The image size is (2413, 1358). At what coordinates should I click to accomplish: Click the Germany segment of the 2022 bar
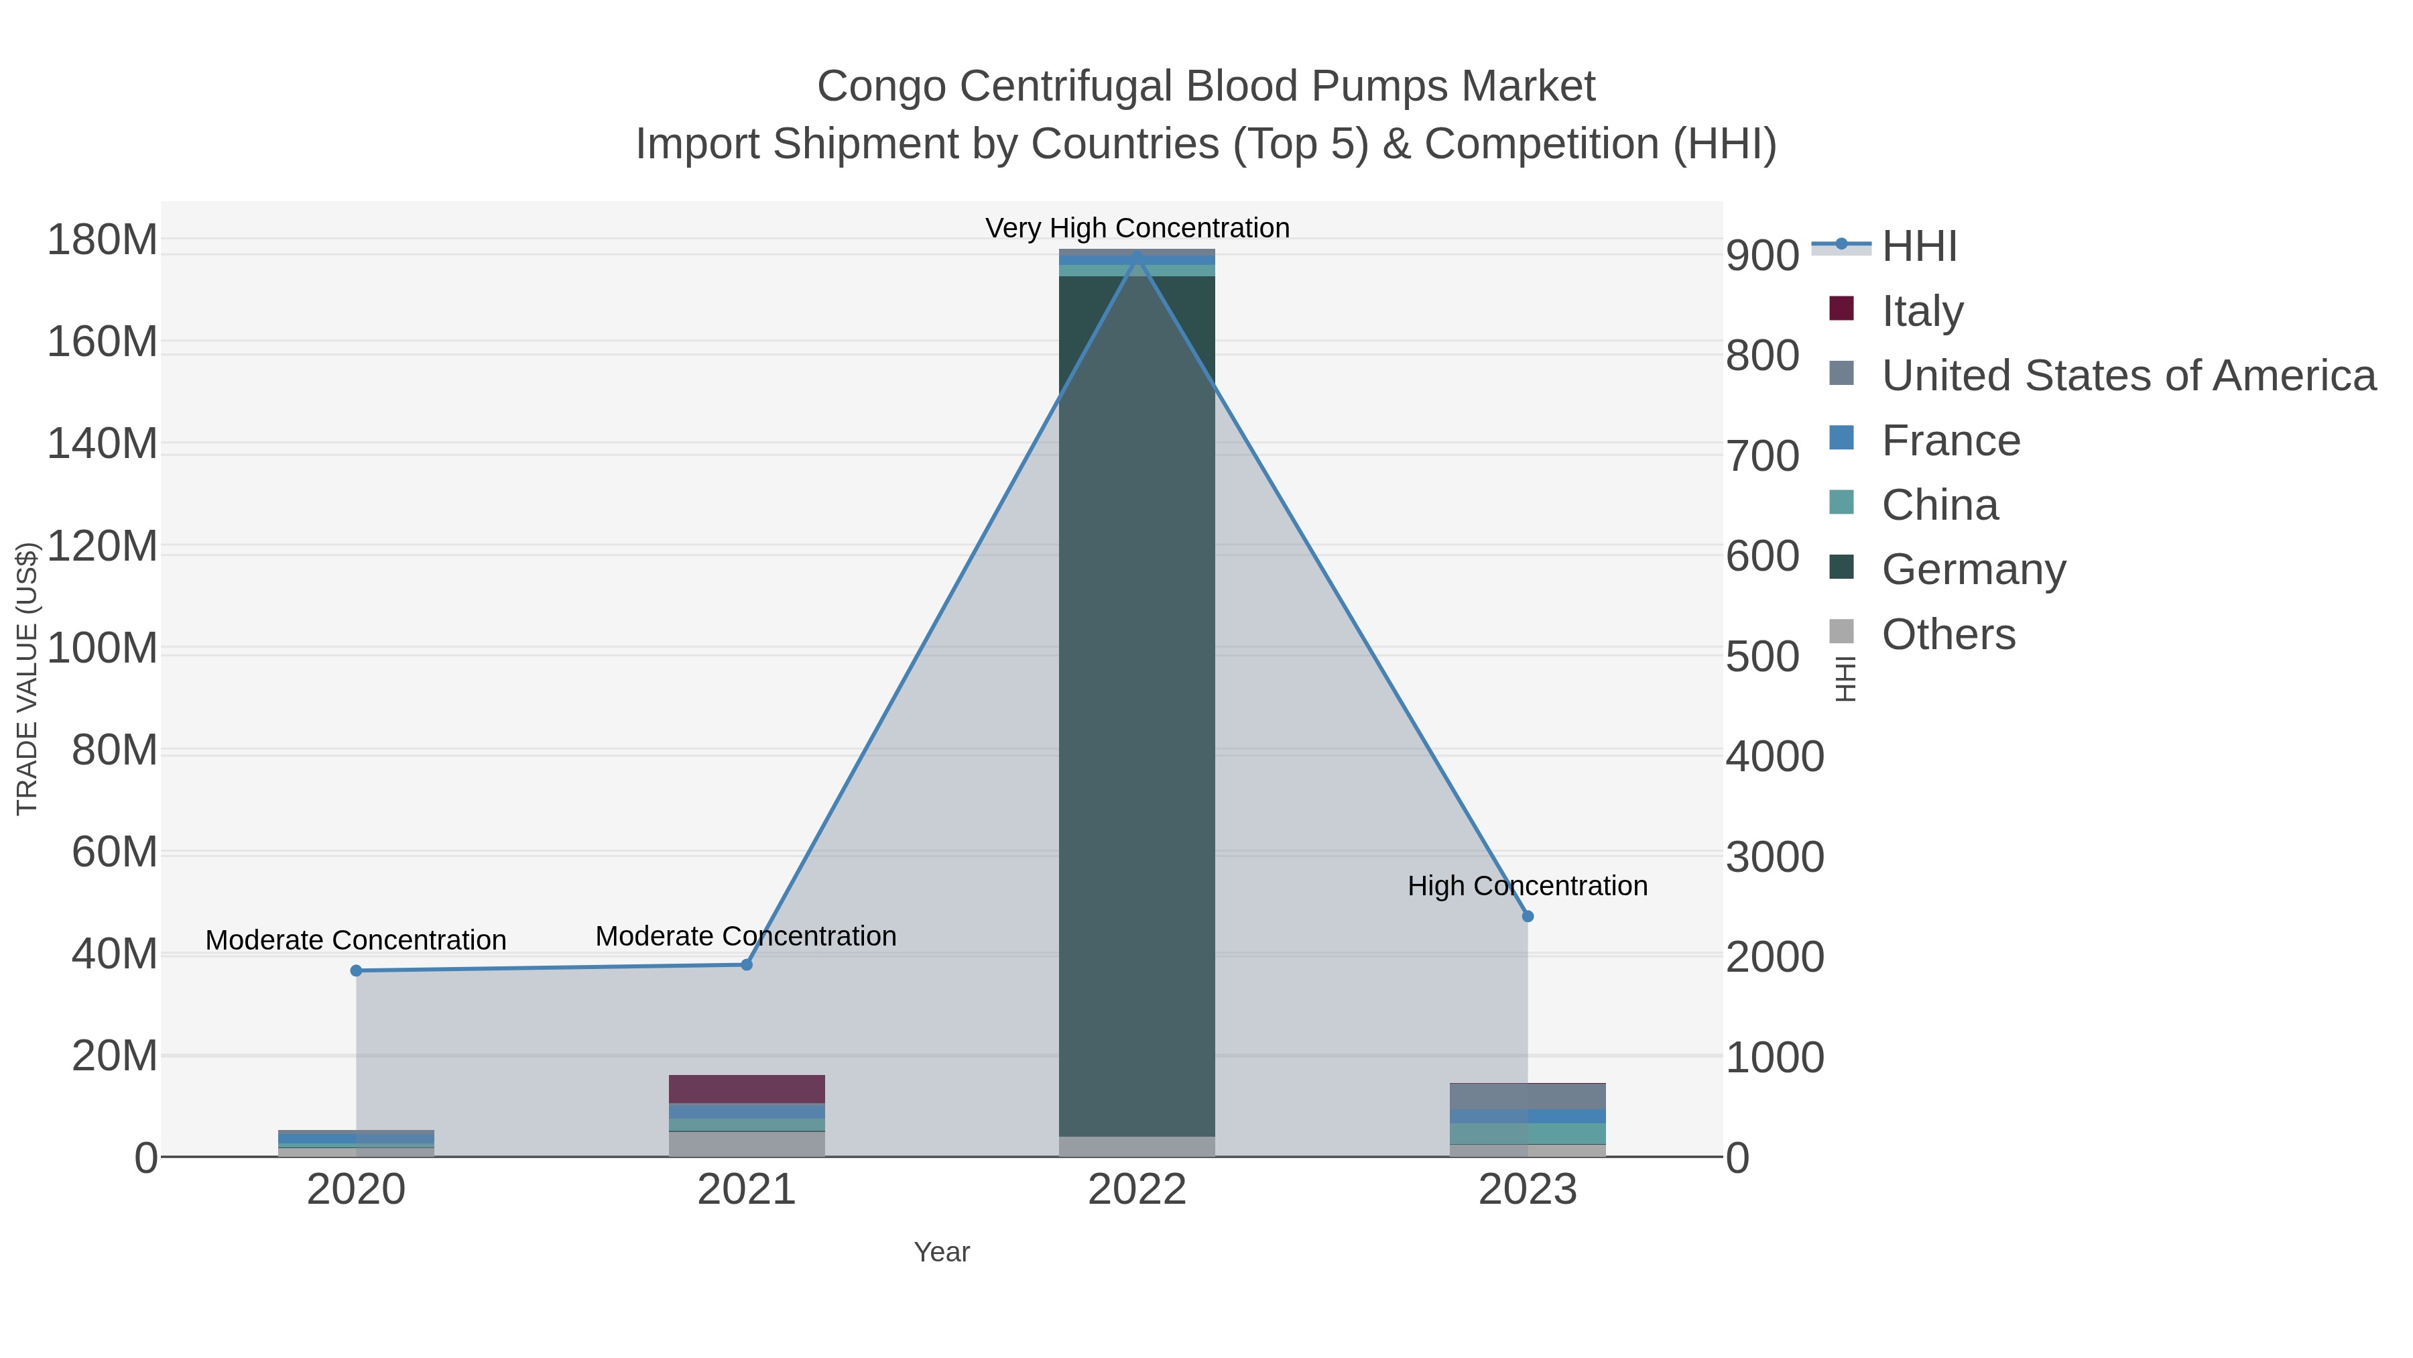[x=1136, y=703]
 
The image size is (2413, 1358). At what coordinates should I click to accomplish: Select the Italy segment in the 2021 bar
[x=747, y=1089]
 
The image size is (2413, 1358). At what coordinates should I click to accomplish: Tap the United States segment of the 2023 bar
[x=1527, y=1096]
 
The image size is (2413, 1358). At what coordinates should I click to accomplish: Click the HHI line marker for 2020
[x=356, y=971]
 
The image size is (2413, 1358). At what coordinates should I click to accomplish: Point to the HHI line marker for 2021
[x=747, y=964]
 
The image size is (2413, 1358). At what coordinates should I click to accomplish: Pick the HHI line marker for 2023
[x=1528, y=915]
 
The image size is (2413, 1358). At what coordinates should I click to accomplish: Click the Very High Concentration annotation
[x=1137, y=229]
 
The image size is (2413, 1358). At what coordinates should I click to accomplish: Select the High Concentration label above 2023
[x=1527, y=886]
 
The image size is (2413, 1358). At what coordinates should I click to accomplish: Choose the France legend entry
[x=1951, y=441]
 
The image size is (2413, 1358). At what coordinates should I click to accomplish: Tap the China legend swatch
[x=1841, y=502]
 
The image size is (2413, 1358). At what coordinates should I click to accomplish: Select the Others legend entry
[x=1947, y=634]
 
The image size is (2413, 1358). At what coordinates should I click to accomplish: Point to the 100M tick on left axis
[x=103, y=648]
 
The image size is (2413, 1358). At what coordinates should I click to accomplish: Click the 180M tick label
[x=103, y=241]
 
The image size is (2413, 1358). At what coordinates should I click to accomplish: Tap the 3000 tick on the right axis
[x=1774, y=856]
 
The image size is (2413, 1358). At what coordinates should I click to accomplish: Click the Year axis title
[x=942, y=1252]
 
